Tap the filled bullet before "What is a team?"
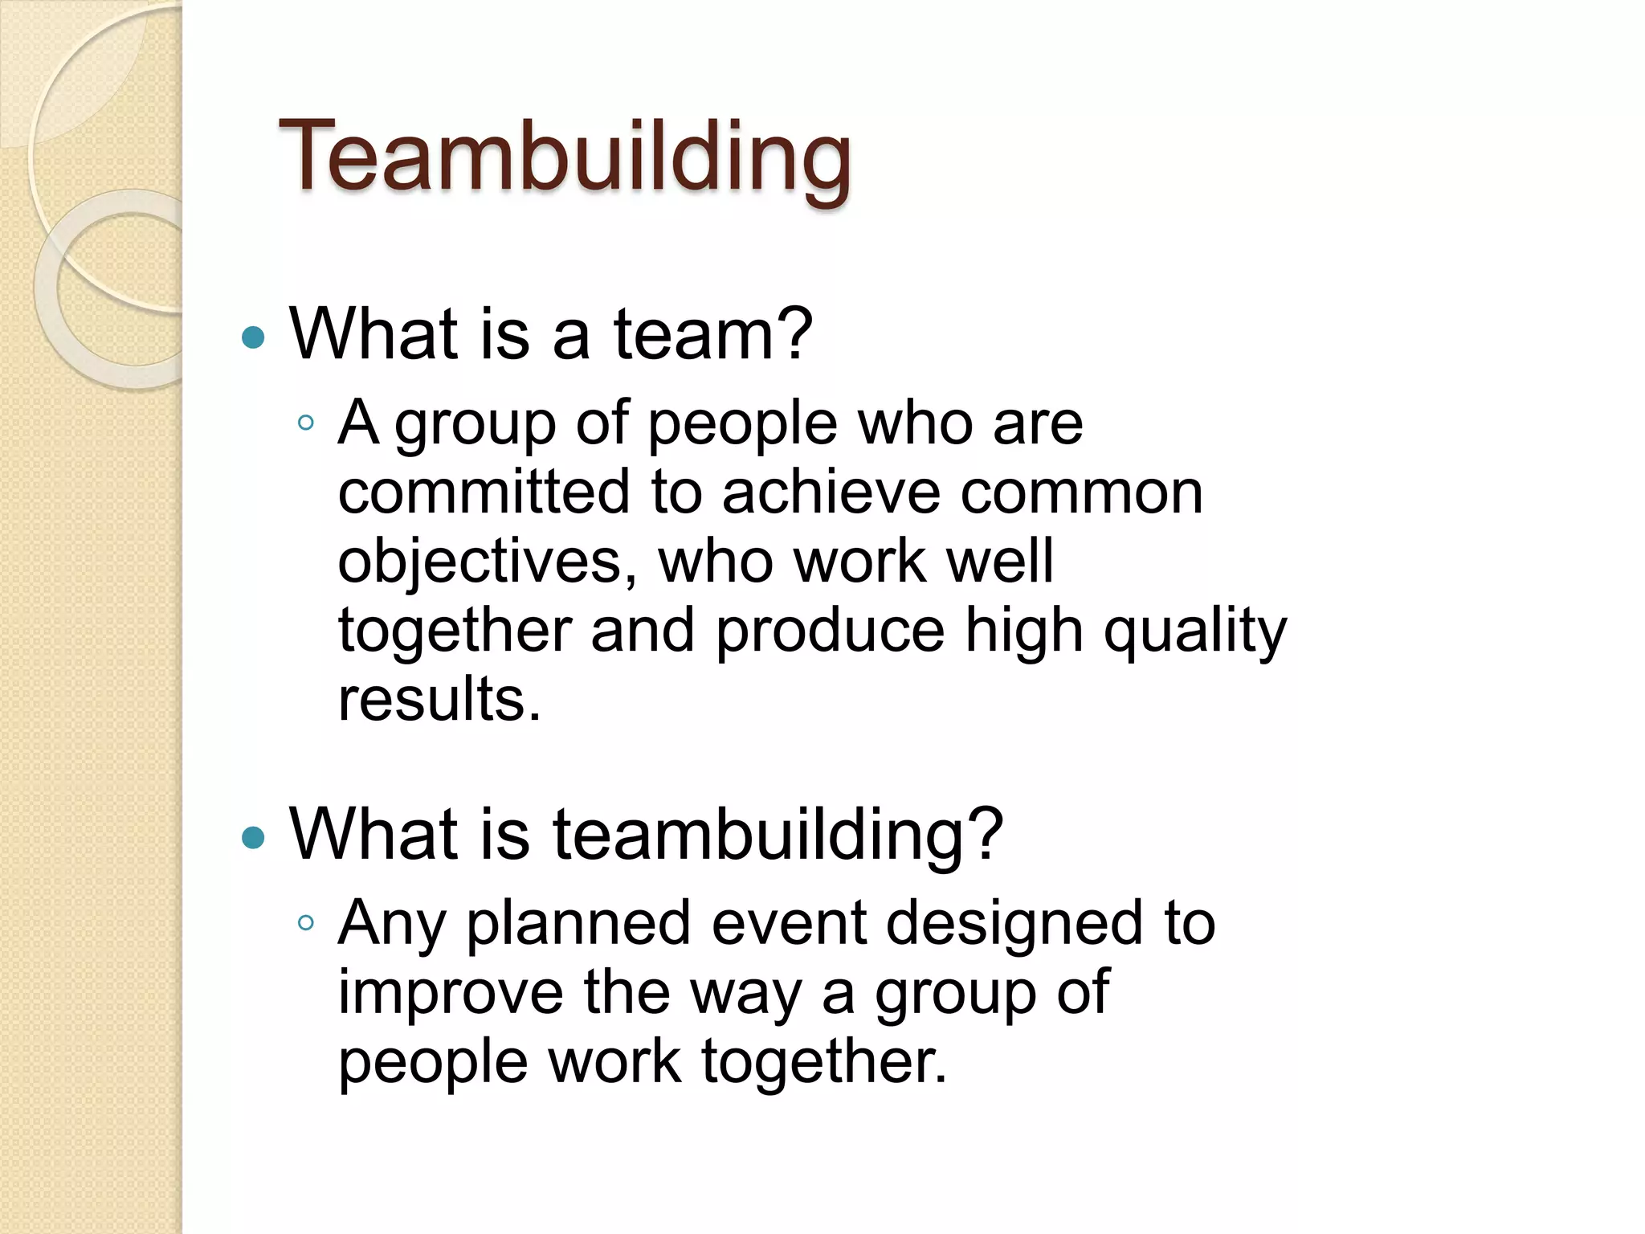point(253,337)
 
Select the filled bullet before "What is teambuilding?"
point(253,838)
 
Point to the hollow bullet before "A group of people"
point(305,423)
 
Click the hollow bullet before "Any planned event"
point(305,923)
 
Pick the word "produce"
point(830,631)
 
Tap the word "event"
point(788,923)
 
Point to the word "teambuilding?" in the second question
point(778,836)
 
